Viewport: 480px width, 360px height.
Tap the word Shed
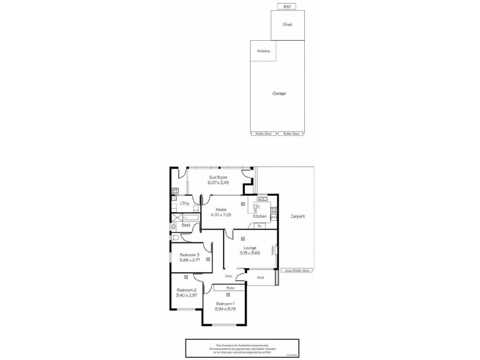(x=287, y=25)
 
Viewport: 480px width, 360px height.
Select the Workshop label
(x=263, y=51)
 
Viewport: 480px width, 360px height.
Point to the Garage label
(x=278, y=94)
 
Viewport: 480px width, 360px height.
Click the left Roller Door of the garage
(x=263, y=133)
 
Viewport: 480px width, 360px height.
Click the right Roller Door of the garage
(x=292, y=133)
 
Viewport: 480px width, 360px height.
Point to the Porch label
(x=261, y=278)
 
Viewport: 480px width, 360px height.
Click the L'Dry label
(x=185, y=204)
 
